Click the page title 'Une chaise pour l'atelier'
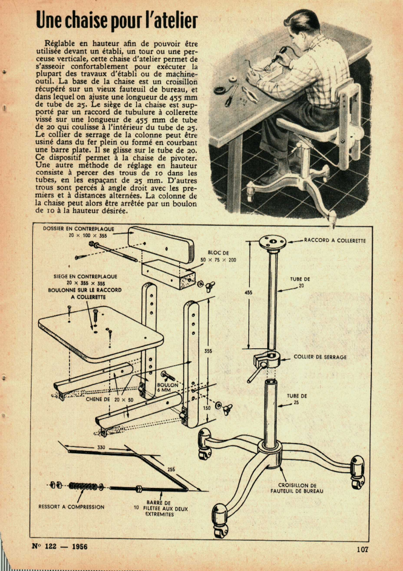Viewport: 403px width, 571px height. tap(117, 21)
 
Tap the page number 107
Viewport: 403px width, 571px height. tap(362, 549)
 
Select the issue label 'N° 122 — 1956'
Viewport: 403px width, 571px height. tap(59, 546)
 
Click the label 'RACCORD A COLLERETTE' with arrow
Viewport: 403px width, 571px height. tap(335, 240)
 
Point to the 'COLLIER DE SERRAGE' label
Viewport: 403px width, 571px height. tap(320, 357)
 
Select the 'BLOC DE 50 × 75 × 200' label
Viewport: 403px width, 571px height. tap(218, 255)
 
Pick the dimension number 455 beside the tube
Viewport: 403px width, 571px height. tap(248, 292)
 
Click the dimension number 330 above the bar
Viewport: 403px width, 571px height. tap(101, 447)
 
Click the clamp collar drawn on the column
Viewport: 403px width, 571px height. tap(266, 362)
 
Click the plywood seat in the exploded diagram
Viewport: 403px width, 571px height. tap(100, 331)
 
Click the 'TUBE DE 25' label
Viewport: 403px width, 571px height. tap(297, 399)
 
